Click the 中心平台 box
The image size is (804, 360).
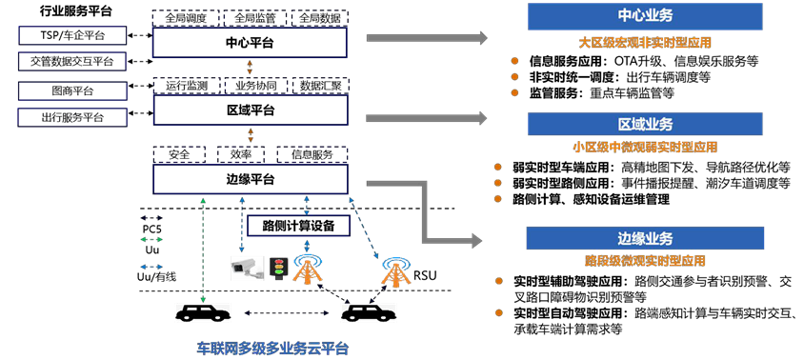pos(250,43)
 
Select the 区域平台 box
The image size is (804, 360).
pos(250,110)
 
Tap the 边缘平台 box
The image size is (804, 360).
pos(250,180)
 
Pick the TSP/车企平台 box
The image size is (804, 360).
pos(72,35)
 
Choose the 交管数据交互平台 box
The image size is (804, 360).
pos(72,62)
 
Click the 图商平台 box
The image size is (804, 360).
pos(72,91)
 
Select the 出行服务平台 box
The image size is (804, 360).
pos(72,117)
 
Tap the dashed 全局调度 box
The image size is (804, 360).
pos(186,18)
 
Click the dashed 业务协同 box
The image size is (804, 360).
pos(256,86)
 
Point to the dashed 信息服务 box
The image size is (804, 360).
pos(312,154)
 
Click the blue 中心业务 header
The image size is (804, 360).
pos(645,15)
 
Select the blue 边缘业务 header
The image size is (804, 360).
pos(645,238)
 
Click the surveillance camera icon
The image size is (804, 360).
pos(247,269)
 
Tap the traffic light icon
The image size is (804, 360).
pos(279,269)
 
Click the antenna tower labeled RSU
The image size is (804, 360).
pos(395,270)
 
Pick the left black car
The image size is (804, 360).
pos(203,311)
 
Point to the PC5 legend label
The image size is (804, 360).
pos(151,229)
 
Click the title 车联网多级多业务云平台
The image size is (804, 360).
pos(272,349)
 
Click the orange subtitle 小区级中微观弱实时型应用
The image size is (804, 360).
pos(645,148)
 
